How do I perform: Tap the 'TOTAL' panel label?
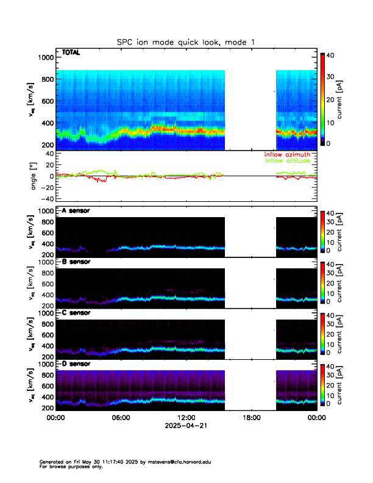[x=71, y=53]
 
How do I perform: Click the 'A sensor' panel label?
[x=76, y=211]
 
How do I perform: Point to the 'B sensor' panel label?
[x=76, y=262]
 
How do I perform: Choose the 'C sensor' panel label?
[x=76, y=313]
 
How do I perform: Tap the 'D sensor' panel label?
[x=76, y=364]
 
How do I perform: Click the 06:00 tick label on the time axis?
[x=121, y=418]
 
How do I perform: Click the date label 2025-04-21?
[x=186, y=426]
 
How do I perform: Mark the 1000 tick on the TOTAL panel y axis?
[x=46, y=57]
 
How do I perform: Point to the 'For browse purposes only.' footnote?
[x=67, y=467]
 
